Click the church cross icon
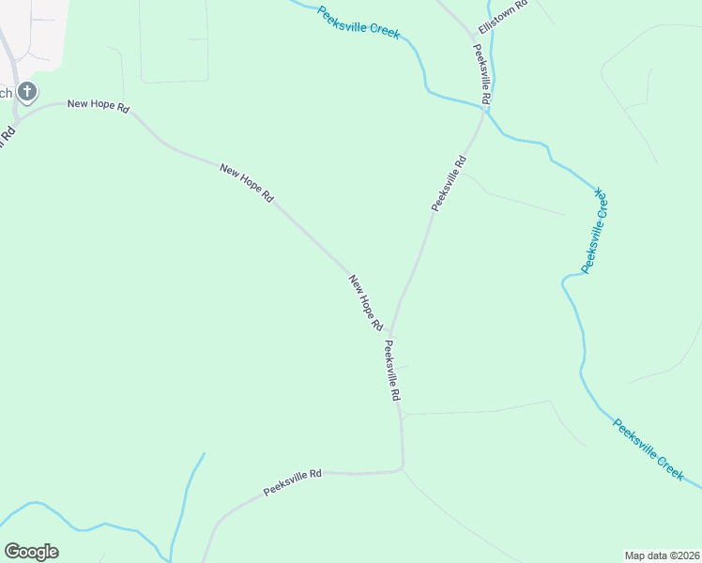(x=27, y=92)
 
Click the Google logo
(x=31, y=551)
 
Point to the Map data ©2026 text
(x=662, y=555)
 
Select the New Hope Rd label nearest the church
(x=98, y=103)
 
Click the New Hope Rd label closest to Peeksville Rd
(x=366, y=302)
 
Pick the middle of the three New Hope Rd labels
(x=246, y=183)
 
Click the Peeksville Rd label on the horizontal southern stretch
(x=293, y=482)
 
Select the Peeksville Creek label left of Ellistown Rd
(x=359, y=23)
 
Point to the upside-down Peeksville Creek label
(x=595, y=231)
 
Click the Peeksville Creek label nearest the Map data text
(x=649, y=449)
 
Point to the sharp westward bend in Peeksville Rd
(x=402, y=466)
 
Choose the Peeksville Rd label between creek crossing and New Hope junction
(x=449, y=183)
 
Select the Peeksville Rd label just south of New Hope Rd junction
(x=391, y=372)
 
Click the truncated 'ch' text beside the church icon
(x=6, y=92)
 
